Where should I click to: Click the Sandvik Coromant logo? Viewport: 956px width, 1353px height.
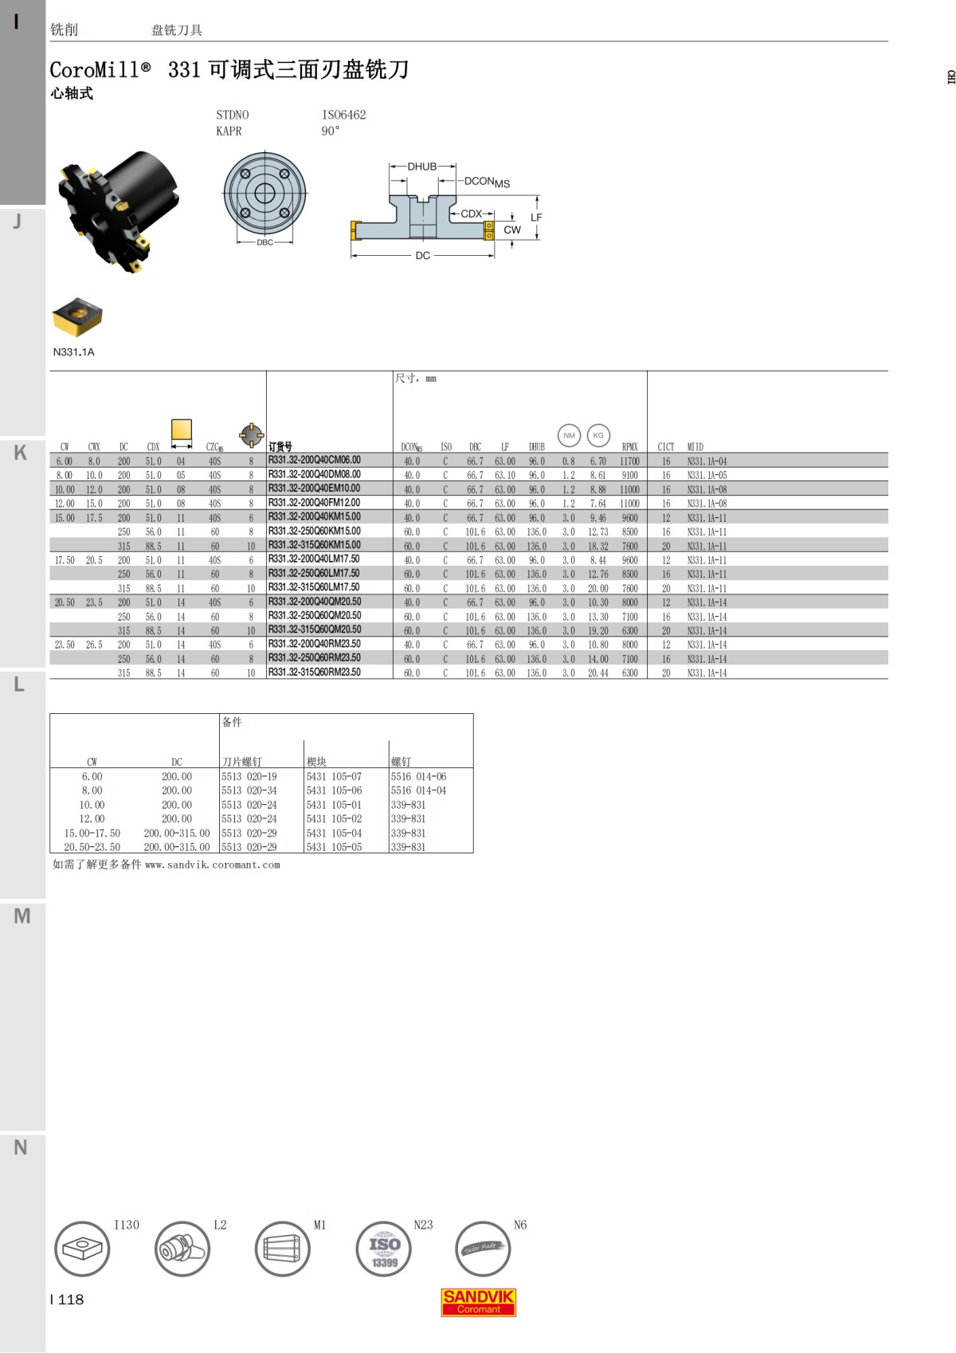tap(478, 1302)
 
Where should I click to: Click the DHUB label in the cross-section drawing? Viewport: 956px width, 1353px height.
tap(421, 167)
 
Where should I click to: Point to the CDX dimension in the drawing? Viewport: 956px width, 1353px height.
tap(471, 214)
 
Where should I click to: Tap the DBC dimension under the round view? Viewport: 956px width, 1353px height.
tap(264, 242)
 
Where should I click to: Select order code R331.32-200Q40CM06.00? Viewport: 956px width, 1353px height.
tap(314, 460)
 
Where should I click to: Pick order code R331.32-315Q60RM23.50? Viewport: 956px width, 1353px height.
tap(314, 673)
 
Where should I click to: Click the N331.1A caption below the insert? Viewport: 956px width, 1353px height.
tap(73, 352)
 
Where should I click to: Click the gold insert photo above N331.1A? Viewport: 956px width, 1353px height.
tap(77, 317)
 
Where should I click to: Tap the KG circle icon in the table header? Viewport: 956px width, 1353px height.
tap(598, 435)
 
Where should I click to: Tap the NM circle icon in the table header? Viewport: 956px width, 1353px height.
tap(569, 435)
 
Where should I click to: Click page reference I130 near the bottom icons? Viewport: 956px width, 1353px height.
tap(126, 1225)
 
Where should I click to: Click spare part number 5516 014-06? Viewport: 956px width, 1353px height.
tap(418, 776)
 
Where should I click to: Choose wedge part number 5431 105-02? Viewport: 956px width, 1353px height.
tap(334, 818)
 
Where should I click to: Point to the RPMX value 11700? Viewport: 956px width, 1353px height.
tap(629, 461)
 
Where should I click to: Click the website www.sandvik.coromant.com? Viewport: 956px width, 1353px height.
tap(212, 865)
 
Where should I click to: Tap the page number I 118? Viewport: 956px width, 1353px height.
tap(67, 1300)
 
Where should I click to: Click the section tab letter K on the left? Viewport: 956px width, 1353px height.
tap(21, 453)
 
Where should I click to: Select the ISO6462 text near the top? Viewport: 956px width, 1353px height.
tap(343, 115)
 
